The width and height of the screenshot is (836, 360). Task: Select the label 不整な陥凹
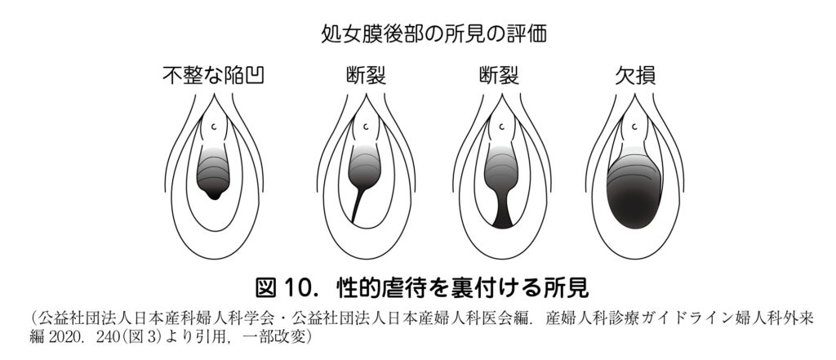213,76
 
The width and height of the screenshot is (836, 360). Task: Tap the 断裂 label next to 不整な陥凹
366,76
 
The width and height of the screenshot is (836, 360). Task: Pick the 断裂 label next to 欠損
499,76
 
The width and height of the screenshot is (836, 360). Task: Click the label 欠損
635,76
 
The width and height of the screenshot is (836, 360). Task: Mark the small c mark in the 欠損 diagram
634,127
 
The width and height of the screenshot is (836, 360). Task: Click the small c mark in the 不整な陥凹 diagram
214,127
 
